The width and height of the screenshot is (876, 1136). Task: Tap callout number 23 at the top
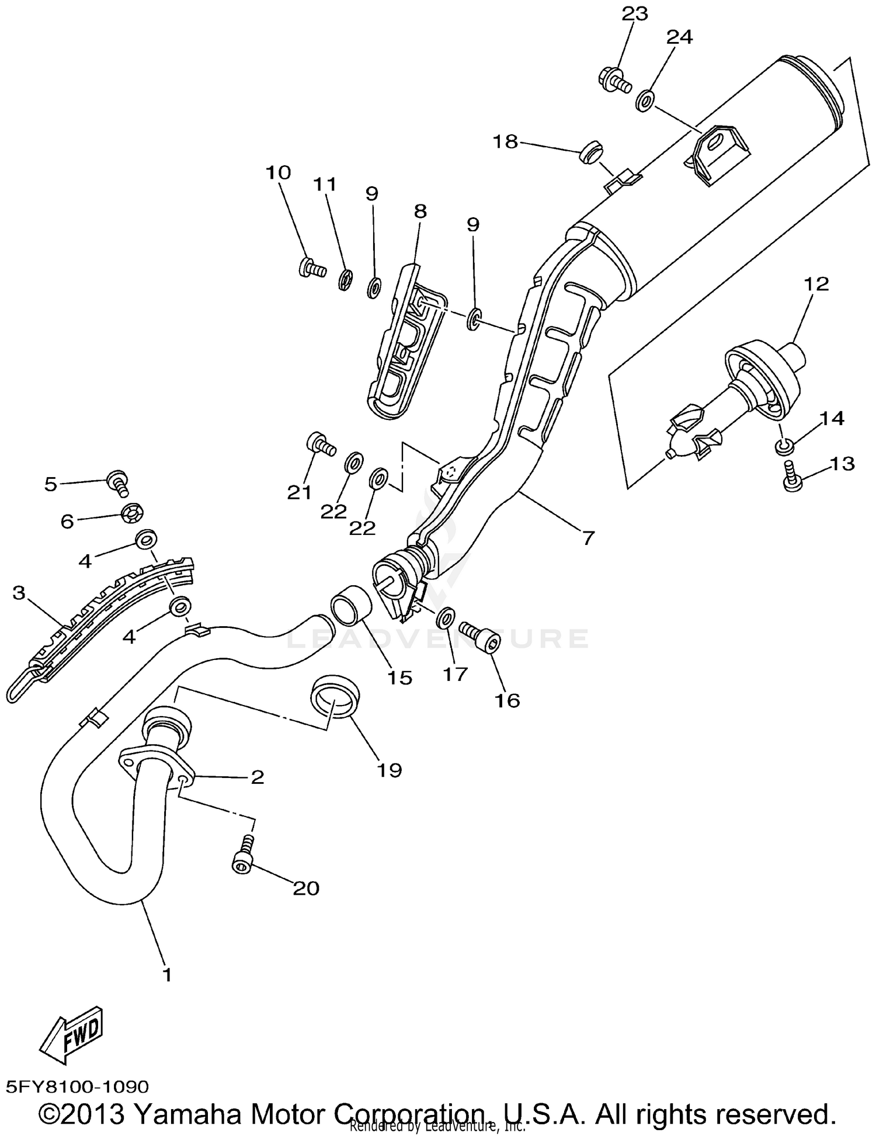634,13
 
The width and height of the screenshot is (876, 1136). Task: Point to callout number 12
816,284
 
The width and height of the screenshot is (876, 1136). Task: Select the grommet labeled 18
590,153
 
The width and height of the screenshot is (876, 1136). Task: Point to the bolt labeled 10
310,268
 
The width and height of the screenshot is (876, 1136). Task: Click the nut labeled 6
133,514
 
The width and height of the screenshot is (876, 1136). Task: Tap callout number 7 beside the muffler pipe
587,537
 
